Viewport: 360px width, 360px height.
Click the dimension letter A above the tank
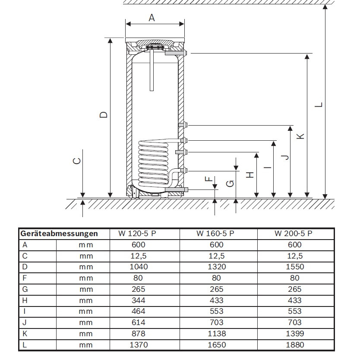pyautogui.click(x=152, y=18)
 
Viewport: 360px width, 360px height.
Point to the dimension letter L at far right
pyautogui.click(x=318, y=105)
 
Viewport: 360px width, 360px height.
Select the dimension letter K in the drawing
pyautogui.click(x=301, y=136)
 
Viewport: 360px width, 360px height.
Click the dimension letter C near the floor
pyautogui.click(x=76, y=161)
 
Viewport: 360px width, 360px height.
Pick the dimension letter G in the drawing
pyautogui.click(x=231, y=183)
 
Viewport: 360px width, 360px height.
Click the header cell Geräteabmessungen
pyautogui.click(x=59, y=234)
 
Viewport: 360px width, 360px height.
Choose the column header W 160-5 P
pyautogui.click(x=215, y=234)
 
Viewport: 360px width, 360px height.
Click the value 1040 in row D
pyautogui.click(x=139, y=267)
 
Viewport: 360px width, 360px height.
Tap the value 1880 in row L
pyautogui.click(x=294, y=344)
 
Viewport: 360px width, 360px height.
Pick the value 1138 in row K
pyautogui.click(x=216, y=333)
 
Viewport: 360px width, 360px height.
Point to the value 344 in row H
pyautogui.click(x=139, y=300)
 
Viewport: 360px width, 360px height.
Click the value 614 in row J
pyautogui.click(x=139, y=322)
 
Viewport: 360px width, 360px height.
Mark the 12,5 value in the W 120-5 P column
pyautogui.click(x=139, y=256)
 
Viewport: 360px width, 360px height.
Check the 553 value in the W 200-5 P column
pyautogui.click(x=294, y=311)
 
